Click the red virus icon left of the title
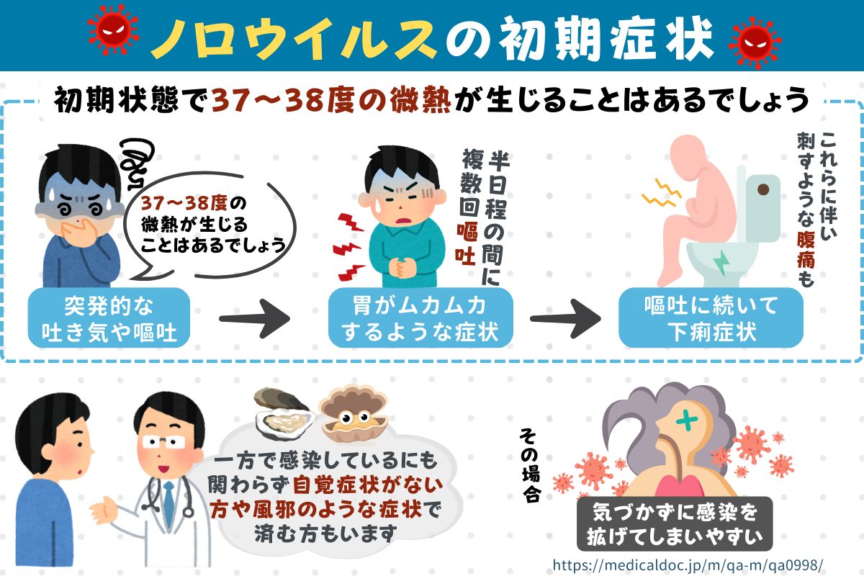112,34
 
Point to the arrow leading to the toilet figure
566,318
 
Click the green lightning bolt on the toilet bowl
721,261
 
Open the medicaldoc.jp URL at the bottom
688,563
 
